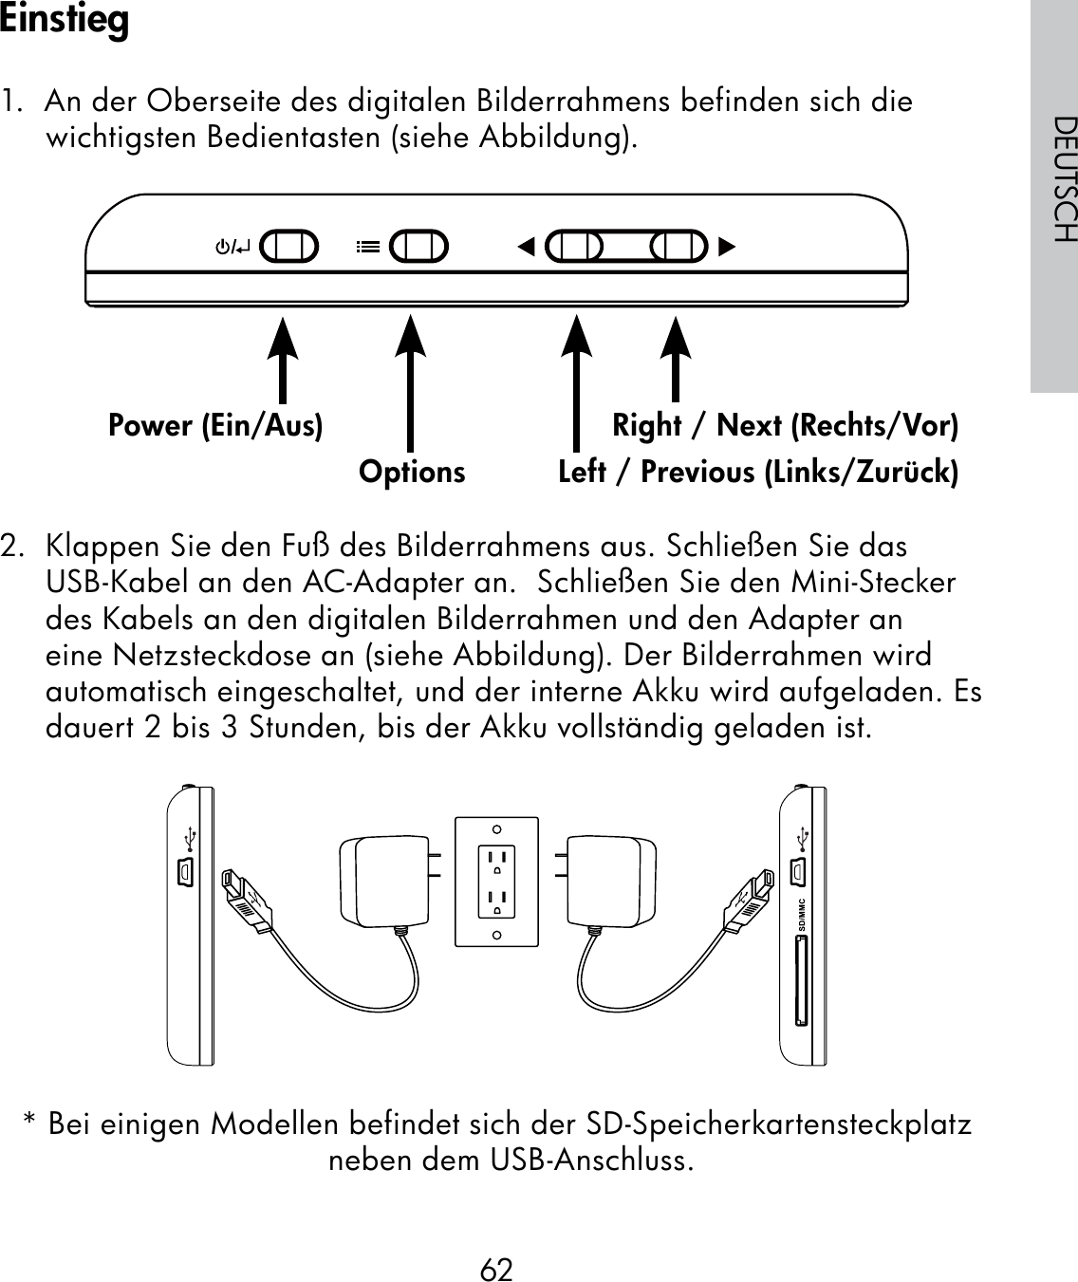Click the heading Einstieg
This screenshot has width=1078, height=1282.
65,21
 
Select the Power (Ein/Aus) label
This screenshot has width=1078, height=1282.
215,425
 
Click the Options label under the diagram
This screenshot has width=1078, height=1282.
412,472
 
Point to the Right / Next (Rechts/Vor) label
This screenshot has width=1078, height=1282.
785,425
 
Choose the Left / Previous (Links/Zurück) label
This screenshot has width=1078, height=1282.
758,472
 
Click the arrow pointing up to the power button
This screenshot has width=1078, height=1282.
282,361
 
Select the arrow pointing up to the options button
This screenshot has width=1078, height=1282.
409,380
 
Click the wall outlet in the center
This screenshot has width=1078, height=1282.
496,883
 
